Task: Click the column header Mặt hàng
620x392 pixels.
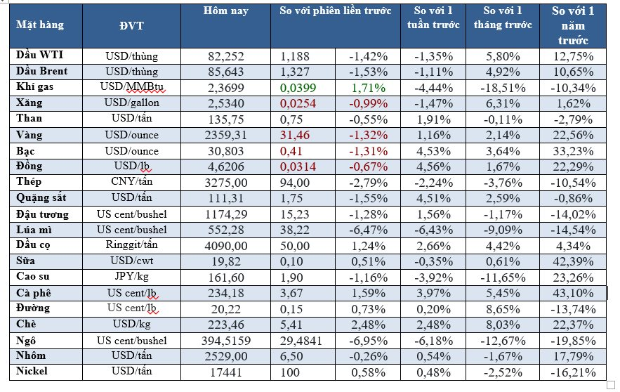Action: [39, 25]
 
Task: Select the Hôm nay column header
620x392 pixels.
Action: [225, 11]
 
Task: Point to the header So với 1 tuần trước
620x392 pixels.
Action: [434, 18]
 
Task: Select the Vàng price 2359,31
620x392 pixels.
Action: [225, 135]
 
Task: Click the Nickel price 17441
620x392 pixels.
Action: [225, 371]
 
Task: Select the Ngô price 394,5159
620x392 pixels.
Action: [225, 340]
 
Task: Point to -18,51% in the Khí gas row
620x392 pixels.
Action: [503, 88]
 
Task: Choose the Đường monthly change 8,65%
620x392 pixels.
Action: [503, 308]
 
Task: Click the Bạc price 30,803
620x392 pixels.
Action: [225, 151]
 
